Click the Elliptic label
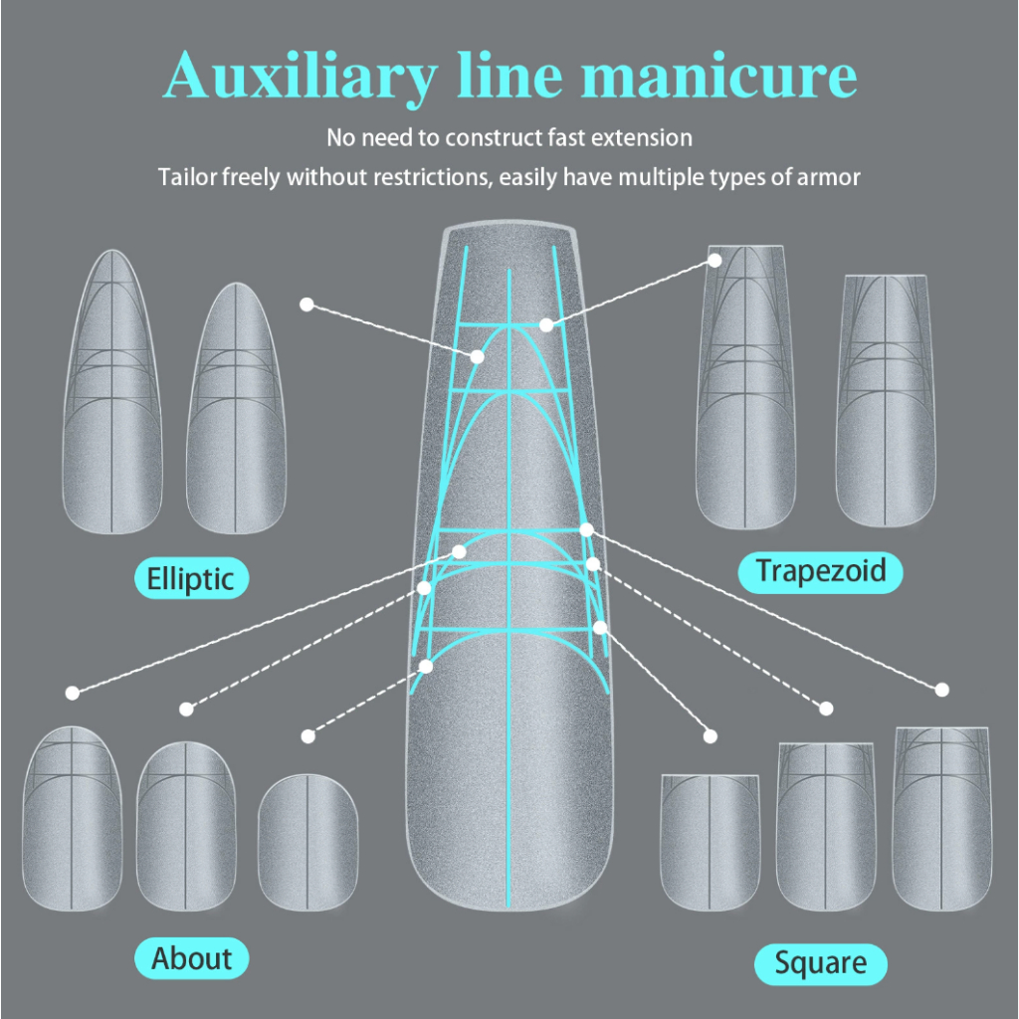(191, 578)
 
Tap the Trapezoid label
(820, 572)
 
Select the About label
(191, 958)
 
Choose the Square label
(820, 963)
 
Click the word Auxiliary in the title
(301, 77)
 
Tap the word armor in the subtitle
(829, 177)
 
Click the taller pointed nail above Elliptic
(111, 392)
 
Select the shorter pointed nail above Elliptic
(236, 408)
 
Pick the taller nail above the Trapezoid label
(745, 387)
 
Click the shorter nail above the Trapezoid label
(885, 401)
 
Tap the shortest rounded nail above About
(307, 842)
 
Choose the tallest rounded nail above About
(72, 818)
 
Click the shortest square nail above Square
(710, 842)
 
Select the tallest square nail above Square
(941, 819)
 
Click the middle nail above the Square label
(825, 827)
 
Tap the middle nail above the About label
(186, 826)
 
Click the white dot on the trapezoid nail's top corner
(714, 260)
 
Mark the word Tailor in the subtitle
(187, 177)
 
